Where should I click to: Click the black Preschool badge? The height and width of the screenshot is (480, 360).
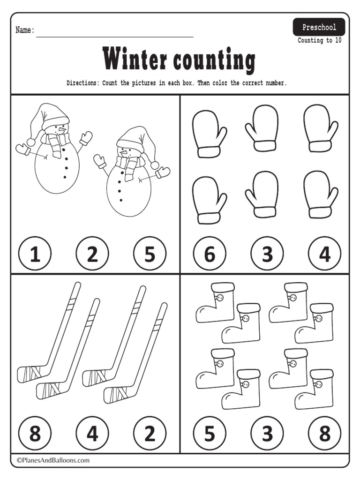pyautogui.click(x=319, y=27)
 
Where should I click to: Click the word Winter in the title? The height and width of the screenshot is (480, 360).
pyautogui.click(x=135, y=59)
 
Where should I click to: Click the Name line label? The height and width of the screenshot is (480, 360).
pyautogui.click(x=25, y=30)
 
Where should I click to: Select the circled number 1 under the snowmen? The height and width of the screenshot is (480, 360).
pyautogui.click(x=35, y=253)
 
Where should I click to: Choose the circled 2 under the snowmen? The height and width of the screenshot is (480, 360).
pyautogui.click(x=92, y=253)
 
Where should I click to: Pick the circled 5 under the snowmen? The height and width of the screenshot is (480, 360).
pyautogui.click(x=150, y=253)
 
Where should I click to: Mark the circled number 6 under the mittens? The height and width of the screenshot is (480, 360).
pyautogui.click(x=210, y=253)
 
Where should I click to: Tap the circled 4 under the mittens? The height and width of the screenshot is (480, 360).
pyautogui.click(x=324, y=253)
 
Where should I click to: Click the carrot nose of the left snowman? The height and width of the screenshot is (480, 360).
pyautogui.click(x=62, y=130)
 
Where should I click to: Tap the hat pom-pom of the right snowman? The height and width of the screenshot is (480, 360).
pyautogui.click(x=155, y=165)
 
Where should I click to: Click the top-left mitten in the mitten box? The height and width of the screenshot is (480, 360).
pyautogui.click(x=209, y=134)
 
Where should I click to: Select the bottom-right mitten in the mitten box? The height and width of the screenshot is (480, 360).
pyautogui.click(x=320, y=195)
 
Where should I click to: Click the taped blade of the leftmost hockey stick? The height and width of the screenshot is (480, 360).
pyautogui.click(x=30, y=372)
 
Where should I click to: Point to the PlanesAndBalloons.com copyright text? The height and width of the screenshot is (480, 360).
pyautogui.click(x=53, y=460)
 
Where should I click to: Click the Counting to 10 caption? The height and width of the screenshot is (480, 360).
pyautogui.click(x=319, y=40)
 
